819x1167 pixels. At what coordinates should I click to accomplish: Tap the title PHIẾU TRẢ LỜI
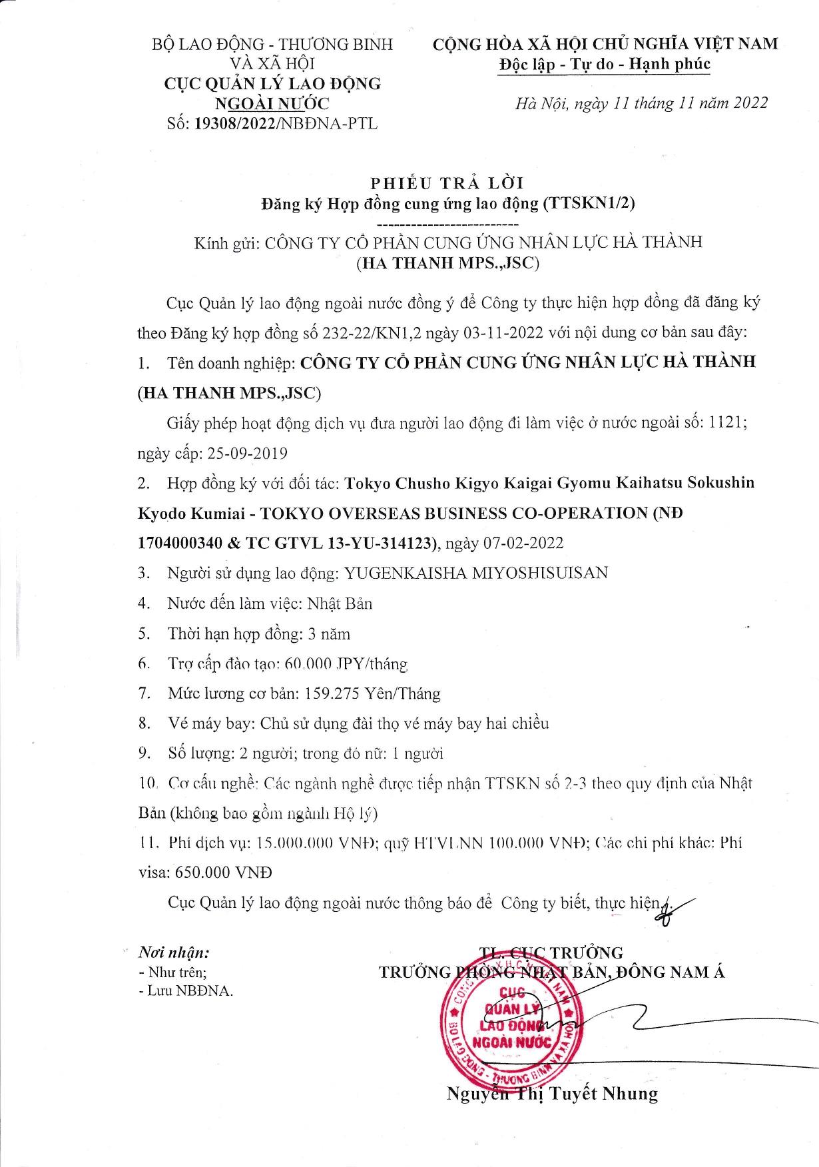tap(447, 183)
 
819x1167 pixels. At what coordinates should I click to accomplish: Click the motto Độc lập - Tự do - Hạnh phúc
tap(605, 65)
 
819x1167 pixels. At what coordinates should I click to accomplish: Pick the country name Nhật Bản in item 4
tap(340, 603)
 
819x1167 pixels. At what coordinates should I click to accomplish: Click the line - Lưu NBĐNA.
tap(186, 990)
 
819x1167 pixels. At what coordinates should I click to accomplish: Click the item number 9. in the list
tap(144, 753)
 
